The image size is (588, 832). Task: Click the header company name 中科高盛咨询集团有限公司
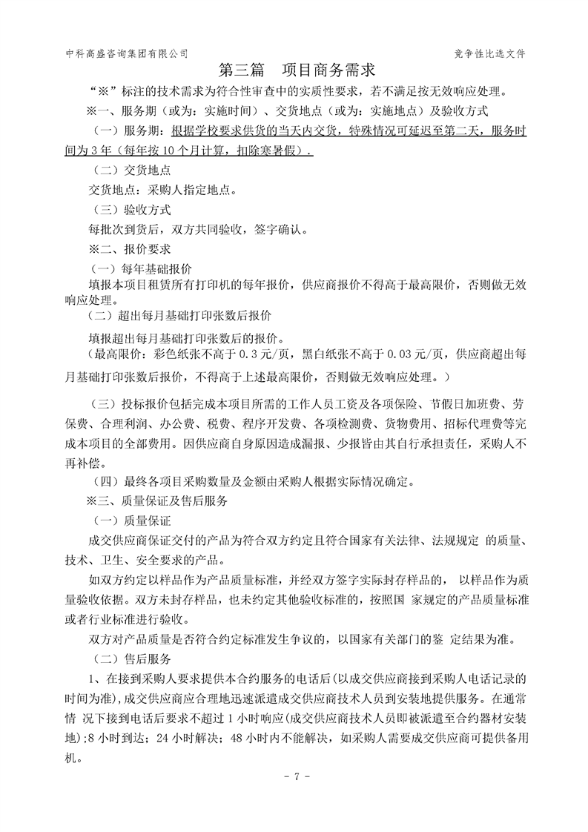pos(127,53)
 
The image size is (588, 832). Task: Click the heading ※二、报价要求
pos(130,248)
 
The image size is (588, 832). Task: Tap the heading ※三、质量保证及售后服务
pos(157,501)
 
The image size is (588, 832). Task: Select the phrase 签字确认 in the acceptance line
pos(278,229)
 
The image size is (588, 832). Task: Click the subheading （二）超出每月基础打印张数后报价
pos(180,314)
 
